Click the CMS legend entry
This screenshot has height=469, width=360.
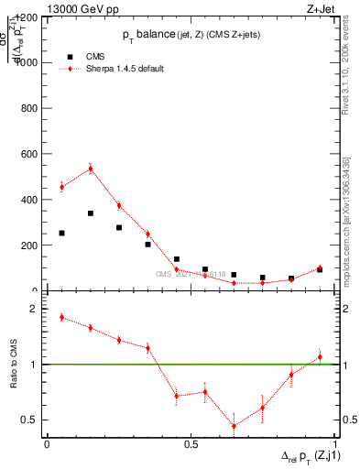[96, 56]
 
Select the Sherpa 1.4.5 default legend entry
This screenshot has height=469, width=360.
[125, 69]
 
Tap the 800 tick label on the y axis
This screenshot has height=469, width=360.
[30, 108]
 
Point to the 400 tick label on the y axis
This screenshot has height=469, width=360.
[30, 200]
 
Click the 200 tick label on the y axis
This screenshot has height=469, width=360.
[30, 245]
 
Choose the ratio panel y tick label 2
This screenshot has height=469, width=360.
[34, 309]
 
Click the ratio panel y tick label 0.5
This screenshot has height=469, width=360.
[29, 420]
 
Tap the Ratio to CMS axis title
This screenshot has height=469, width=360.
[14, 365]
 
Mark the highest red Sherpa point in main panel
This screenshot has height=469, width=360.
[91, 168]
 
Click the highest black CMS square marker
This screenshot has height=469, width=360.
[91, 213]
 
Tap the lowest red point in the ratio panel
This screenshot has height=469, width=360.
[234, 426]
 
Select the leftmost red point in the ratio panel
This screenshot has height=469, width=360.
[61, 317]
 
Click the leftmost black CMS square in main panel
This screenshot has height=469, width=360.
[61, 233]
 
